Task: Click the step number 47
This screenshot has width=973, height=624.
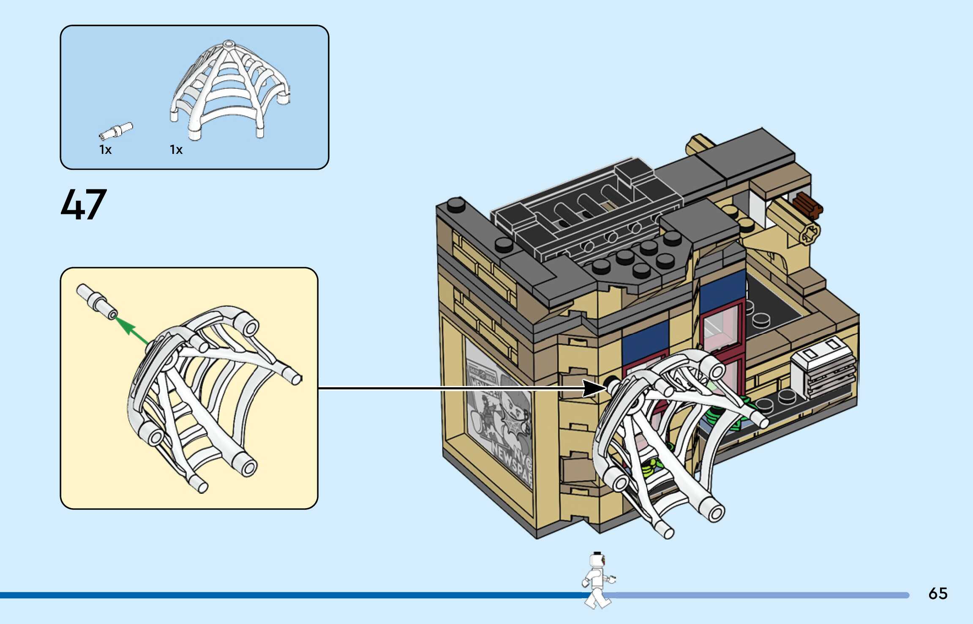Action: pyautogui.click(x=84, y=205)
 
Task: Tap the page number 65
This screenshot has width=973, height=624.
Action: pyautogui.click(x=938, y=594)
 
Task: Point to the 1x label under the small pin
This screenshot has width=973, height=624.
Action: pyautogui.click(x=105, y=150)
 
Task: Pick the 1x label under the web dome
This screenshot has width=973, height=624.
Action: pyautogui.click(x=176, y=150)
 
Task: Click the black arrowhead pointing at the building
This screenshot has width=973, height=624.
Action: pyautogui.click(x=594, y=388)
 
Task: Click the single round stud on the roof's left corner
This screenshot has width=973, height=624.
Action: pyautogui.click(x=456, y=205)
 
